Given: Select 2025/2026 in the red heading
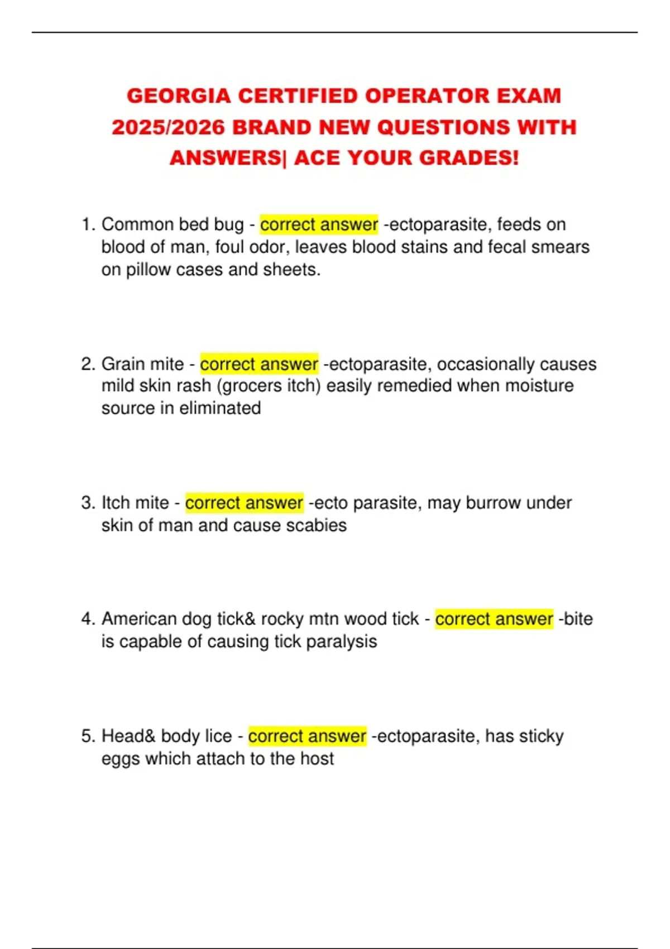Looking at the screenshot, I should [167, 127].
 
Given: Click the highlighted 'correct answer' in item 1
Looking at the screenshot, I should [319, 224].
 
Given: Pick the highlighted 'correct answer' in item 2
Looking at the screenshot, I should [259, 364].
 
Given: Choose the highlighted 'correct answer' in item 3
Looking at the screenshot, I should [244, 503].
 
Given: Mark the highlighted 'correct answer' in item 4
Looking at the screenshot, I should [494, 619].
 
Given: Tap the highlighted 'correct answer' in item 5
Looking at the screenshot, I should [307, 736].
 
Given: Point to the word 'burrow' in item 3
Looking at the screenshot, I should [493, 503].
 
